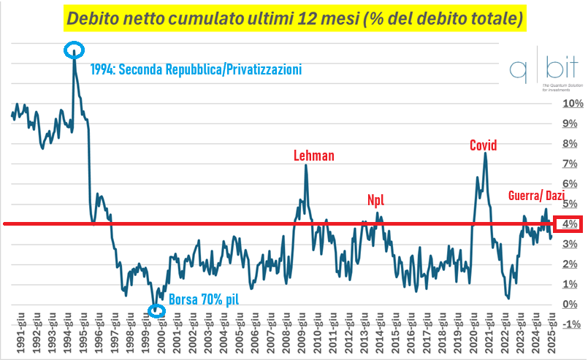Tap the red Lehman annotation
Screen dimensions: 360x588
coord(313,156)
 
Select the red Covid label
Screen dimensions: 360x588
coord(483,145)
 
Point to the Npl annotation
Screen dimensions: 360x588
coord(375,200)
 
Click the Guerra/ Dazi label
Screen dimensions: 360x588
coord(542,196)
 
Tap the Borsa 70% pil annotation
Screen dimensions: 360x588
coord(204,299)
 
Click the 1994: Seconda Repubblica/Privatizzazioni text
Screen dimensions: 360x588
coord(196,70)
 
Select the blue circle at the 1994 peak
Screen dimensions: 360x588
coord(74,50)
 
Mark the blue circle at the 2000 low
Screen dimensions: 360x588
coord(157,311)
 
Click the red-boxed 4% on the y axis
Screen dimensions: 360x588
coord(570,224)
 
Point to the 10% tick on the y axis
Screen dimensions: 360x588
coord(573,104)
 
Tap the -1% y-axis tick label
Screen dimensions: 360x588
coord(571,324)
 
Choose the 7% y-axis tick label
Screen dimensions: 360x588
coord(573,164)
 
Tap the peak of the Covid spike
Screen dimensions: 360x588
coord(485,153)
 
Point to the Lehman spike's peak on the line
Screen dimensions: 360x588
coord(305,166)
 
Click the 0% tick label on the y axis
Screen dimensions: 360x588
coord(573,305)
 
